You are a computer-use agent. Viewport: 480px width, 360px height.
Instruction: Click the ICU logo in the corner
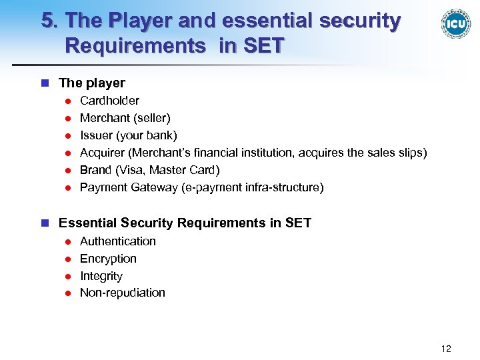click(x=455, y=24)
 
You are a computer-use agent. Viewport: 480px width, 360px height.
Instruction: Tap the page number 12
click(x=446, y=349)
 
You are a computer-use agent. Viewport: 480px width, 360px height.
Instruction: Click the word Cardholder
click(x=109, y=101)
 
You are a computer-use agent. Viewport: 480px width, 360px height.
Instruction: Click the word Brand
click(x=95, y=170)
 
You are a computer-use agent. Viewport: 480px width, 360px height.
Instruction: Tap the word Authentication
click(x=117, y=241)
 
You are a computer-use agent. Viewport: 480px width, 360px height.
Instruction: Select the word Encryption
click(x=108, y=259)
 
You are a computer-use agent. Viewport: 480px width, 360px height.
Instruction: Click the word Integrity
click(x=101, y=276)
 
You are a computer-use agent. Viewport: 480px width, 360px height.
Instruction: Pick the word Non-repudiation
click(x=122, y=293)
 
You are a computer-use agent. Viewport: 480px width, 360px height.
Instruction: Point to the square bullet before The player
click(x=45, y=83)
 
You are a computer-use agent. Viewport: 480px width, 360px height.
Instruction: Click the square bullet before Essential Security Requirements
click(x=45, y=223)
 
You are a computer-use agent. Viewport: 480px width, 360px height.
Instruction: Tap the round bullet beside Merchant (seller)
click(x=67, y=119)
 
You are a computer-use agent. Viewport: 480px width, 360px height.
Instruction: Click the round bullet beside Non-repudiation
click(x=67, y=293)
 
